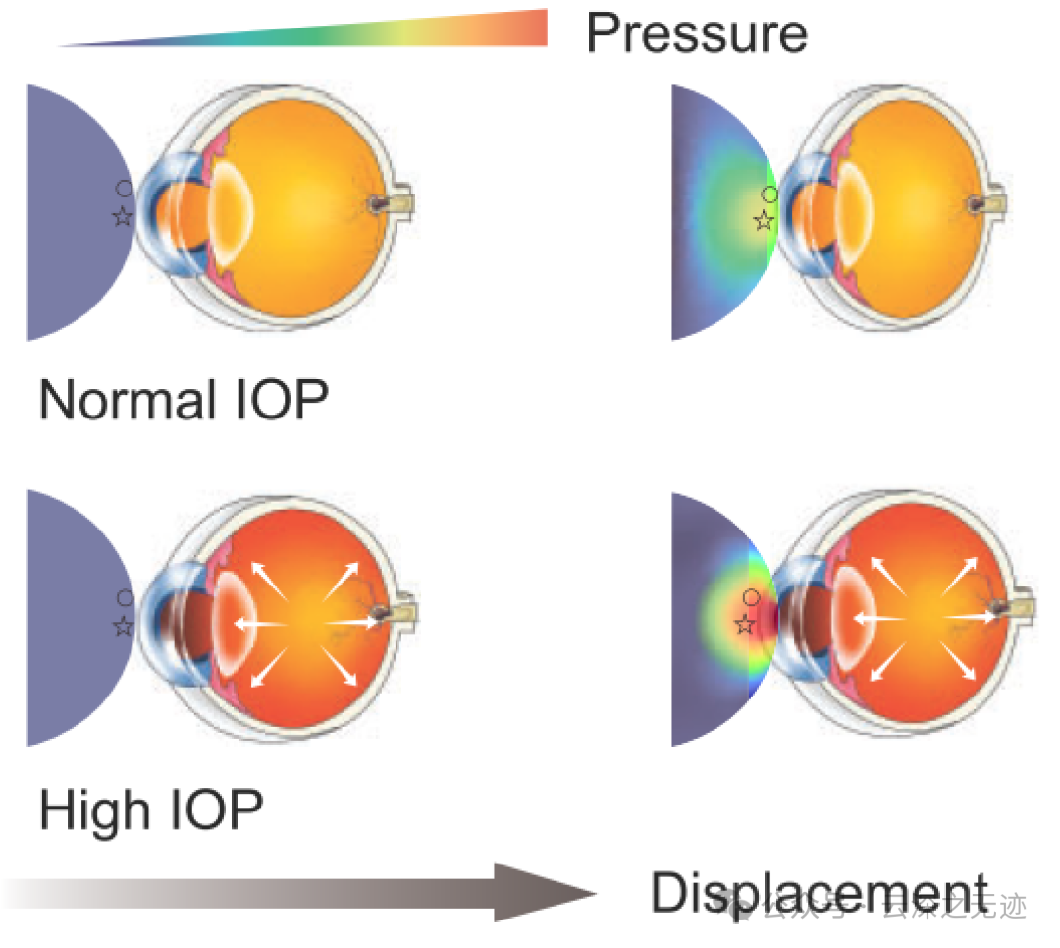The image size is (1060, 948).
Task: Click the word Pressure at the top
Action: [696, 34]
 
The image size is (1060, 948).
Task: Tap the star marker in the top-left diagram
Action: [123, 217]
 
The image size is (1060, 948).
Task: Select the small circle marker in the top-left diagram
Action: [124, 188]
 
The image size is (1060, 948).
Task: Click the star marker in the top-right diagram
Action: [764, 221]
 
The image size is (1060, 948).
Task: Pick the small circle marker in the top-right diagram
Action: [770, 195]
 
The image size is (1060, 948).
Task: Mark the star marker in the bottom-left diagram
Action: [123, 626]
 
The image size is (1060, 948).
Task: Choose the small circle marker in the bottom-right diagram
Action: [751, 597]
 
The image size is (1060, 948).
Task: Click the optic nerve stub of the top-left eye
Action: [402, 203]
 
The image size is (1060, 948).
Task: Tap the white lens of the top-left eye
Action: [234, 213]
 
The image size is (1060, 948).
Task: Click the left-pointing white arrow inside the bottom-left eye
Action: [257, 624]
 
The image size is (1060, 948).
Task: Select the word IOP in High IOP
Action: [217, 809]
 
